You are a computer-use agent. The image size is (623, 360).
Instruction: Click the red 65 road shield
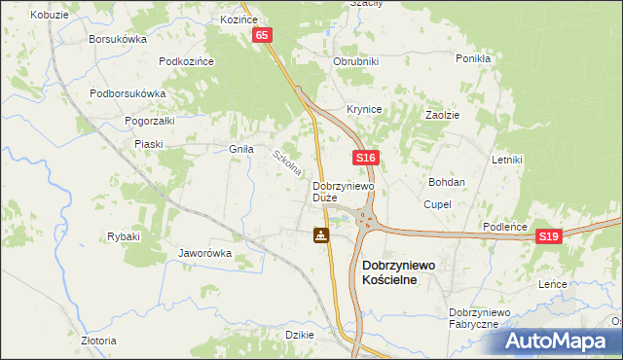pyautogui.click(x=263, y=35)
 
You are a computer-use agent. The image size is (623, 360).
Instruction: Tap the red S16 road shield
pyautogui.click(x=365, y=158)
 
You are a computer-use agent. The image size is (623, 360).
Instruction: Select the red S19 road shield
pyautogui.click(x=550, y=236)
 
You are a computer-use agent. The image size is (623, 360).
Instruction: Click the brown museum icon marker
pyautogui.click(x=320, y=234)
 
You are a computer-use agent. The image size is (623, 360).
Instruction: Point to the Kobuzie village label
pyautogui.click(x=49, y=16)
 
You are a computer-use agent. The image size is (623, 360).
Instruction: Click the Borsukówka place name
pyautogui.click(x=117, y=40)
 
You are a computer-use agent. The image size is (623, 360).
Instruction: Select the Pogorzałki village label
pyautogui.click(x=149, y=121)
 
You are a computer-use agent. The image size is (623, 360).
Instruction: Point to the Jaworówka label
pyautogui.click(x=203, y=253)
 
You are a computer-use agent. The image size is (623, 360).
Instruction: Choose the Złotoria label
pyautogui.click(x=98, y=341)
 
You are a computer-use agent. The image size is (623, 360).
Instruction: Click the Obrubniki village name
pyautogui.click(x=355, y=61)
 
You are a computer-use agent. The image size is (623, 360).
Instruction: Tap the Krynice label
pyautogui.click(x=364, y=109)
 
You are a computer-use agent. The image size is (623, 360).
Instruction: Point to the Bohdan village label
pyautogui.click(x=447, y=182)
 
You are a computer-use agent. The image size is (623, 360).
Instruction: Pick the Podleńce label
pyautogui.click(x=505, y=227)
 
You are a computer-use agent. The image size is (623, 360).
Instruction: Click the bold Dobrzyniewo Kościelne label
pyautogui.click(x=403, y=271)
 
